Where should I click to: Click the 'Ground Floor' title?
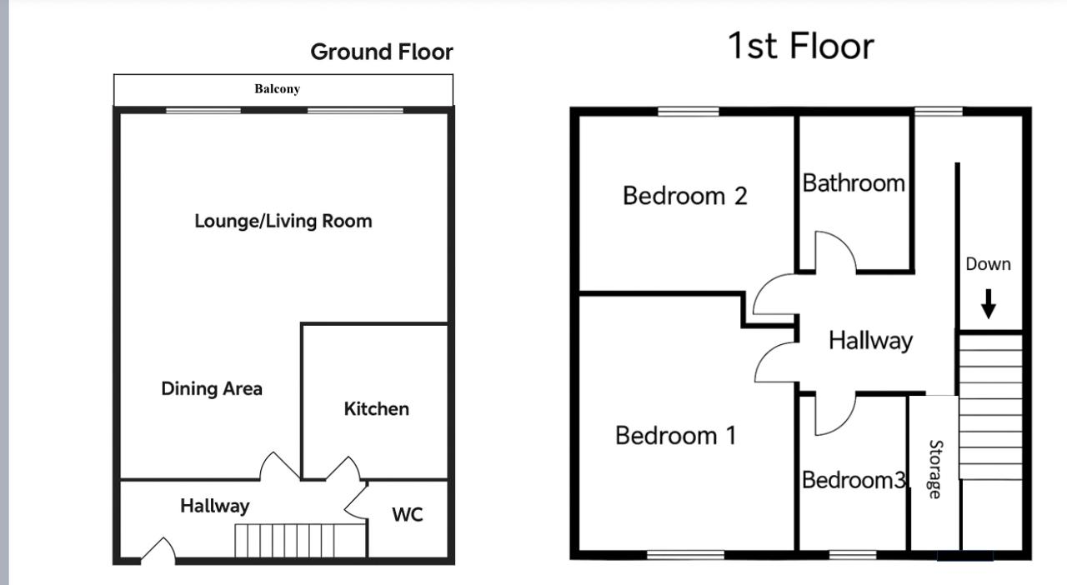pyautogui.click(x=382, y=52)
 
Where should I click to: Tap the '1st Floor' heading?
pyautogui.click(x=801, y=46)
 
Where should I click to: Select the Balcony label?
pyautogui.click(x=277, y=88)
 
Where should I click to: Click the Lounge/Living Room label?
pyautogui.click(x=283, y=221)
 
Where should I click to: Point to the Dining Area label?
pyautogui.click(x=212, y=388)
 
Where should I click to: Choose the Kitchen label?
pyautogui.click(x=376, y=408)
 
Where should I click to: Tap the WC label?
pyautogui.click(x=408, y=515)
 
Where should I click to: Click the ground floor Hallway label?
pyautogui.click(x=214, y=506)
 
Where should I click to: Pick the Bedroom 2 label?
pyautogui.click(x=684, y=196)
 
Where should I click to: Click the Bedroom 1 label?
pyautogui.click(x=675, y=435)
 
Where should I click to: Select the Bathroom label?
pyautogui.click(x=854, y=183)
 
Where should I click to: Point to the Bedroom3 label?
pyautogui.click(x=853, y=480)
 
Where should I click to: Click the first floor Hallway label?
pyautogui.click(x=870, y=340)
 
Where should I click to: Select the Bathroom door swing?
pyautogui.click(x=834, y=252)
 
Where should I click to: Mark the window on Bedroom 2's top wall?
pyautogui.click(x=688, y=112)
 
